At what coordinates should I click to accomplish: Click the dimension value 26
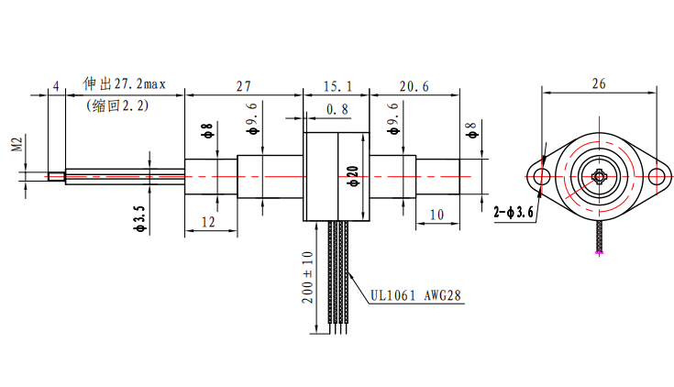click(598, 83)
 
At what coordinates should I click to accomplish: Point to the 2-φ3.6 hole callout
click(513, 213)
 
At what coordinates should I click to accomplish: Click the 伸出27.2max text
click(124, 84)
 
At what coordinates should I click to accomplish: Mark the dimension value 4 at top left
click(56, 86)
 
